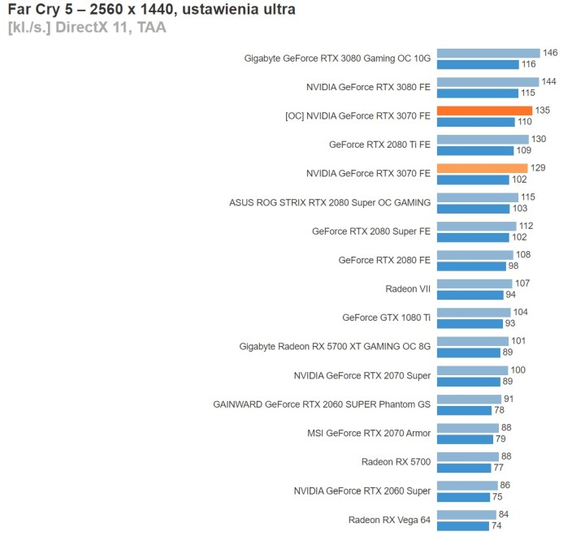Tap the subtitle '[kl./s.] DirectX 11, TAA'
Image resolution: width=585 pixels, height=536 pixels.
click(87, 27)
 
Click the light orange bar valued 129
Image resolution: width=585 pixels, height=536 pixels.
click(482, 169)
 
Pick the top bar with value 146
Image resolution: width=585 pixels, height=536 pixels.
click(488, 54)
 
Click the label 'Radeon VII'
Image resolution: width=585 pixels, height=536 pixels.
click(408, 288)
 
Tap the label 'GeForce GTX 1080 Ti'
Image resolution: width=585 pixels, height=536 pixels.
click(387, 318)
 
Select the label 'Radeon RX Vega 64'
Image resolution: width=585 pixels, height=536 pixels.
click(390, 520)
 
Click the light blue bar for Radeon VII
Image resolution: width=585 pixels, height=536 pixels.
click(474, 284)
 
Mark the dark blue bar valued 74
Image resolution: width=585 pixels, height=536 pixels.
click(463, 525)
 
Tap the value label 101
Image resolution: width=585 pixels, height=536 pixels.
click(518, 341)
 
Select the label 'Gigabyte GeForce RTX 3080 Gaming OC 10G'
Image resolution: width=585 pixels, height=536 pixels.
click(338, 58)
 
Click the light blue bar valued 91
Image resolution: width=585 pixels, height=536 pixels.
click(469, 400)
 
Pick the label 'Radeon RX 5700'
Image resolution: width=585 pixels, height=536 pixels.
click(396, 462)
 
